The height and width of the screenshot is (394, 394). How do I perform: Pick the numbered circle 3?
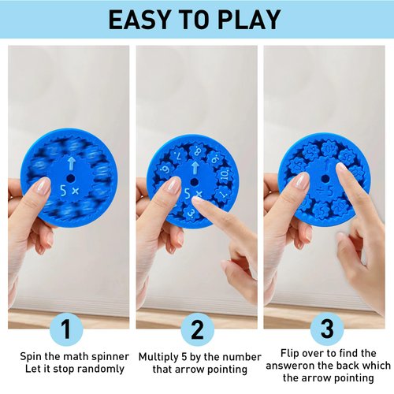coord(325,328)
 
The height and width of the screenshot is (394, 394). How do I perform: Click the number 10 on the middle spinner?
coord(223,174)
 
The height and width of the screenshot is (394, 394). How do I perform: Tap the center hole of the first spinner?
coord(70,178)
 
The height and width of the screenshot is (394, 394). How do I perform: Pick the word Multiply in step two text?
coord(158,356)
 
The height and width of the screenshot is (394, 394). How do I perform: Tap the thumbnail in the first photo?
coord(41,187)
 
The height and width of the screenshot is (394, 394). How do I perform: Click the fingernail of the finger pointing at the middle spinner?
coord(200,204)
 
